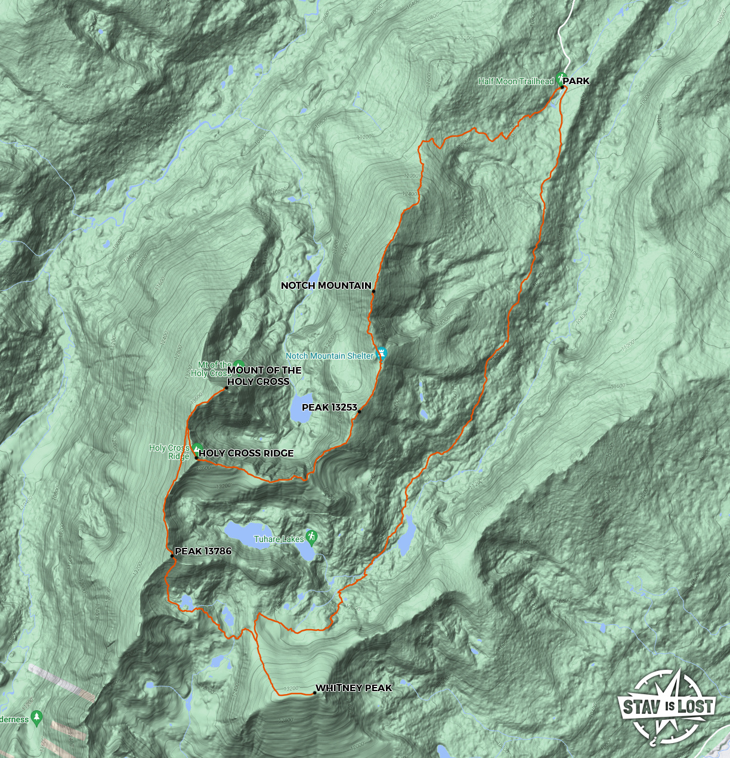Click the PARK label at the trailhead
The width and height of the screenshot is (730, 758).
pyautogui.click(x=576, y=81)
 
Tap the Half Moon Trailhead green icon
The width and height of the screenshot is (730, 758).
pyautogui.click(x=561, y=78)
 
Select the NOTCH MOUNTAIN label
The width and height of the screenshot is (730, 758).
pyautogui.click(x=326, y=286)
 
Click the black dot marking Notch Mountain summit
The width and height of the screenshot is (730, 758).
pyautogui.click(x=373, y=291)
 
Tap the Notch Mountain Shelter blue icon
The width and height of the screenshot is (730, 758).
pyautogui.click(x=382, y=353)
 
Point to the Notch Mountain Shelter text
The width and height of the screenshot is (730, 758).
pyautogui.click(x=330, y=356)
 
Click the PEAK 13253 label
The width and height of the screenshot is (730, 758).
pyautogui.click(x=329, y=408)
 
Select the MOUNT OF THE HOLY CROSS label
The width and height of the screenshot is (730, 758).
pyautogui.click(x=264, y=376)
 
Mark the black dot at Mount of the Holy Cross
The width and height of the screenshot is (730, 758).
pyautogui.click(x=226, y=389)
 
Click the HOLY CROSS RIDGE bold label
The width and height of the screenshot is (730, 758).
pyautogui.click(x=246, y=454)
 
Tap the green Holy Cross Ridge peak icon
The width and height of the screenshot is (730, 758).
pyautogui.click(x=197, y=448)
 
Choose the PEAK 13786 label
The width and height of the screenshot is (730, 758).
pyautogui.click(x=203, y=551)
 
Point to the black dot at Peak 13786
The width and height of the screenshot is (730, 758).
pyautogui.click(x=172, y=556)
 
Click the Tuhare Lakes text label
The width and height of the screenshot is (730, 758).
pyautogui.click(x=279, y=539)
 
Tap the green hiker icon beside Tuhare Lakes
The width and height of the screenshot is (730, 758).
pyautogui.click(x=311, y=536)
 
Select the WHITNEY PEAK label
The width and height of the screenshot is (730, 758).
pyautogui.click(x=354, y=688)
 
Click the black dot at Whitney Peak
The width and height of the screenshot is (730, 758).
pyautogui.click(x=314, y=693)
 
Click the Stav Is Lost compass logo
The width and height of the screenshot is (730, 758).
pyautogui.click(x=666, y=707)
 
